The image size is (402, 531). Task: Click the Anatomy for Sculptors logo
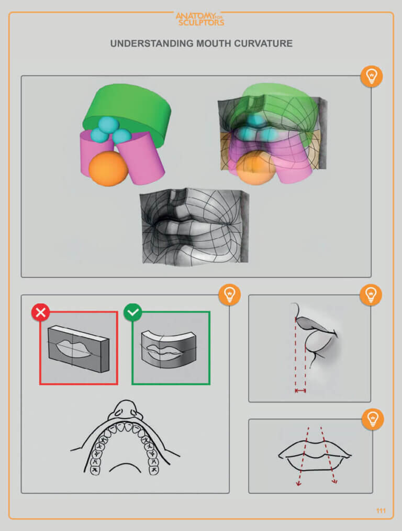pyautogui.click(x=200, y=19)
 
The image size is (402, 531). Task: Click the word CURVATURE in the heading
pyautogui.click(x=261, y=44)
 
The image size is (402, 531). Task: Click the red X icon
pyautogui.click(x=40, y=313)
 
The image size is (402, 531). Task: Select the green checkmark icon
pyautogui.click(x=132, y=313)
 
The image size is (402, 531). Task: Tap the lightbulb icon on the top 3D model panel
pyautogui.click(x=371, y=77)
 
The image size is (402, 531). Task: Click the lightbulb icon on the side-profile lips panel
pyautogui.click(x=371, y=295)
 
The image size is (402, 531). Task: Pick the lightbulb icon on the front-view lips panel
pyautogui.click(x=372, y=419)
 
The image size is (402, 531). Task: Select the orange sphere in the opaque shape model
pyautogui.click(x=108, y=168)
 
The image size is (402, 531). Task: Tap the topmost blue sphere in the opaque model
pyautogui.click(x=109, y=125)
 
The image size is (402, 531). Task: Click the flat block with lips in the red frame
pyautogui.click(x=78, y=348)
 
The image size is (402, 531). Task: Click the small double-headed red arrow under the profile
pyautogui.click(x=300, y=391)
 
